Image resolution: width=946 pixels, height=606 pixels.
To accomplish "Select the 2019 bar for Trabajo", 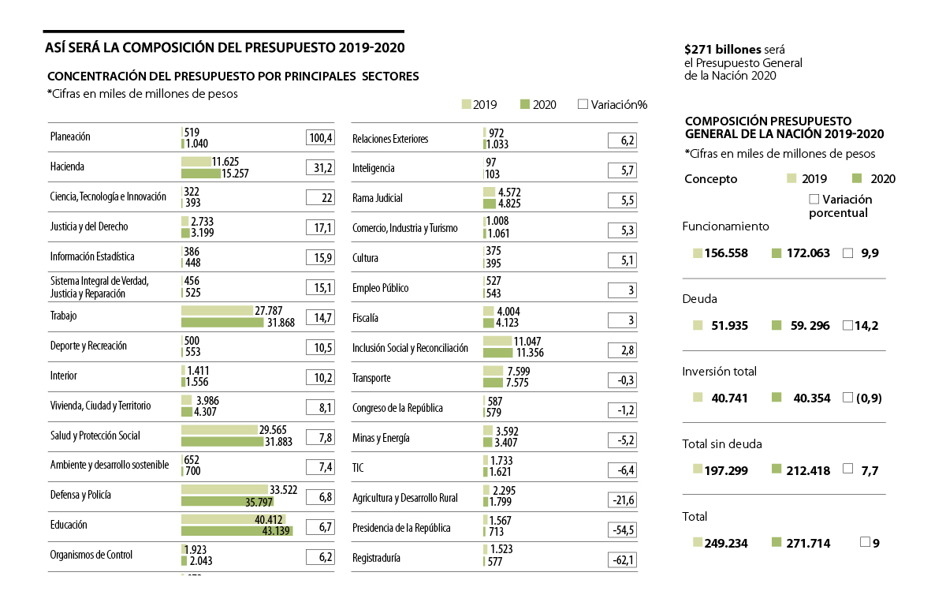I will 217,311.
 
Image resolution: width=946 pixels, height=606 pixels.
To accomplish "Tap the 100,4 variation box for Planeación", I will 320,137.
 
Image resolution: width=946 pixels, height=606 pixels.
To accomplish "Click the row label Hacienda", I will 67,166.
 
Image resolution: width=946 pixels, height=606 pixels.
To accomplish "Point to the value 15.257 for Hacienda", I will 231,174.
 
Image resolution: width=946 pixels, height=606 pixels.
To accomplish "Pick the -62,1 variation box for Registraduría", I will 622,560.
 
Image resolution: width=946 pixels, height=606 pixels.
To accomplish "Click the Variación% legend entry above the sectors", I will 613,104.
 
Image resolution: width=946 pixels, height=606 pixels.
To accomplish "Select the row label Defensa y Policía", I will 80,495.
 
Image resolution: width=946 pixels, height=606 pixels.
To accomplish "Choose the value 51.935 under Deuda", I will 728,326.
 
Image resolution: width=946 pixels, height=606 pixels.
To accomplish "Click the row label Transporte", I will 371,378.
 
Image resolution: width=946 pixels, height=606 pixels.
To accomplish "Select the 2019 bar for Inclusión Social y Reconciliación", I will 497,341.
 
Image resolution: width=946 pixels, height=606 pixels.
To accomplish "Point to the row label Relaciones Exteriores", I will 390,139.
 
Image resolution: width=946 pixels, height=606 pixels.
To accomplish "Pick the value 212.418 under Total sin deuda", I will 808,471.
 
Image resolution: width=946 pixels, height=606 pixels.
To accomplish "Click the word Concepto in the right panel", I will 711,179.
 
